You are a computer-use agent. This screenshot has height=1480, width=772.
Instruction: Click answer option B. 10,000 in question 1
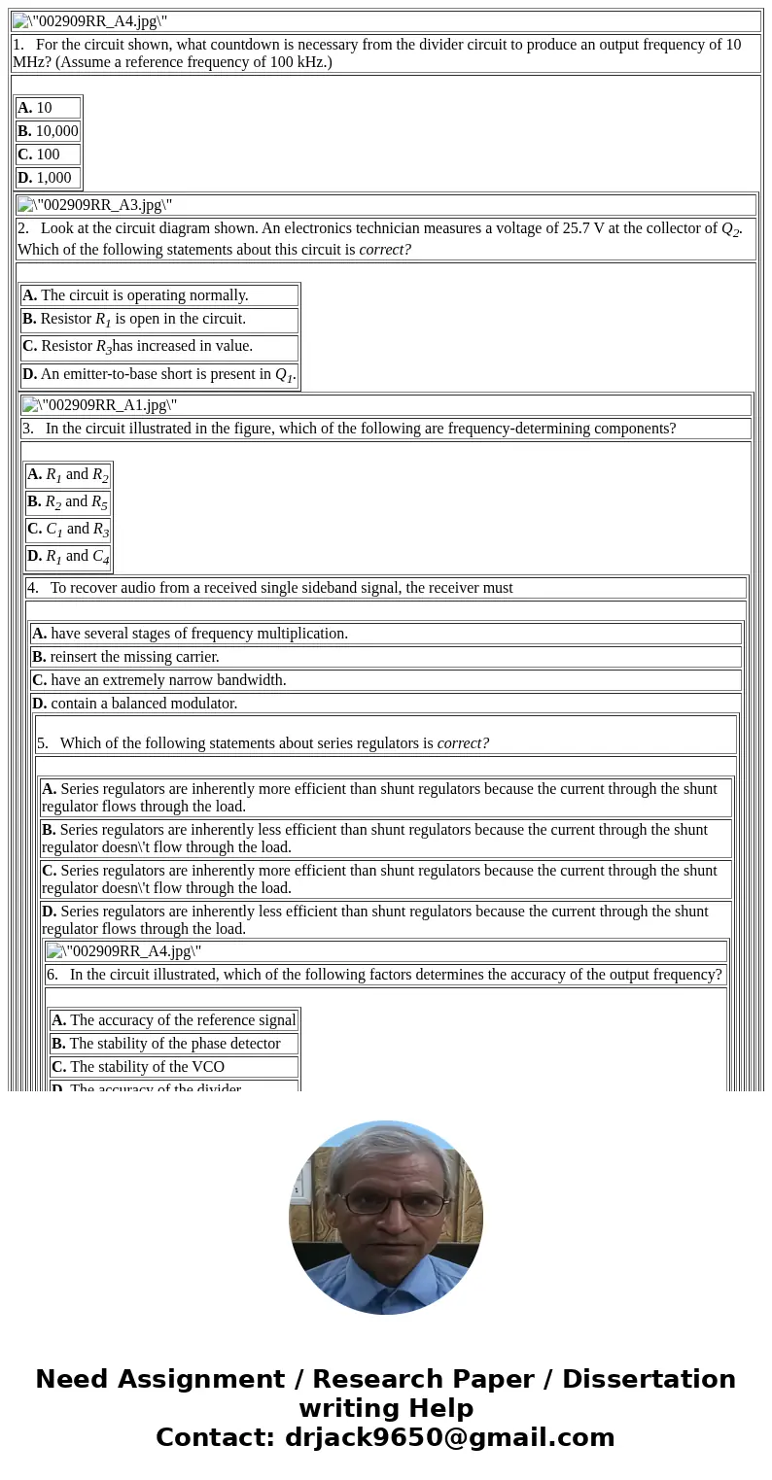click(48, 131)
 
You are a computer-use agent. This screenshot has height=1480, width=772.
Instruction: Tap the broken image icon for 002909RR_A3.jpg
click(25, 205)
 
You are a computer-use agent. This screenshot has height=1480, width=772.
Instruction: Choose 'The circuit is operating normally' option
click(145, 295)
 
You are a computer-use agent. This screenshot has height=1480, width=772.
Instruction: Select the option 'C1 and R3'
click(68, 530)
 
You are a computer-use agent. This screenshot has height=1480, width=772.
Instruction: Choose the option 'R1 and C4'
click(68, 557)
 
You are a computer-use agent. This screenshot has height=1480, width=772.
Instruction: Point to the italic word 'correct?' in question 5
click(463, 743)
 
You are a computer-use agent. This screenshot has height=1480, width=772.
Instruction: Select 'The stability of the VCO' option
click(147, 1067)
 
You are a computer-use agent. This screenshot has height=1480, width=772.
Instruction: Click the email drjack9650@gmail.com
click(449, 1438)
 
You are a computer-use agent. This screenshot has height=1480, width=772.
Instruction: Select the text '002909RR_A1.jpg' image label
click(107, 406)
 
